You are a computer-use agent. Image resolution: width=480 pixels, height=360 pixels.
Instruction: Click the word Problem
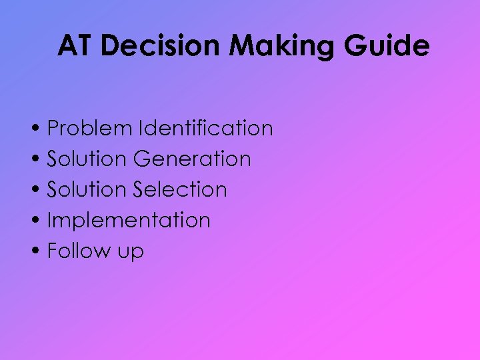pyautogui.click(x=89, y=128)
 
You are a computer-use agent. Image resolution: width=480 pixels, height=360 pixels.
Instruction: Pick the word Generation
pyautogui.click(x=192, y=159)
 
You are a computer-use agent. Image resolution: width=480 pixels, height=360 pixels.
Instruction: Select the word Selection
pyautogui.click(x=180, y=189)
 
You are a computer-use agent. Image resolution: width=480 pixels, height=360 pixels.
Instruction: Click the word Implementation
pyautogui.click(x=129, y=221)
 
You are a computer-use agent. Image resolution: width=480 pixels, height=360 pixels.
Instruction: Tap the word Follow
pyautogui.click(x=79, y=251)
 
